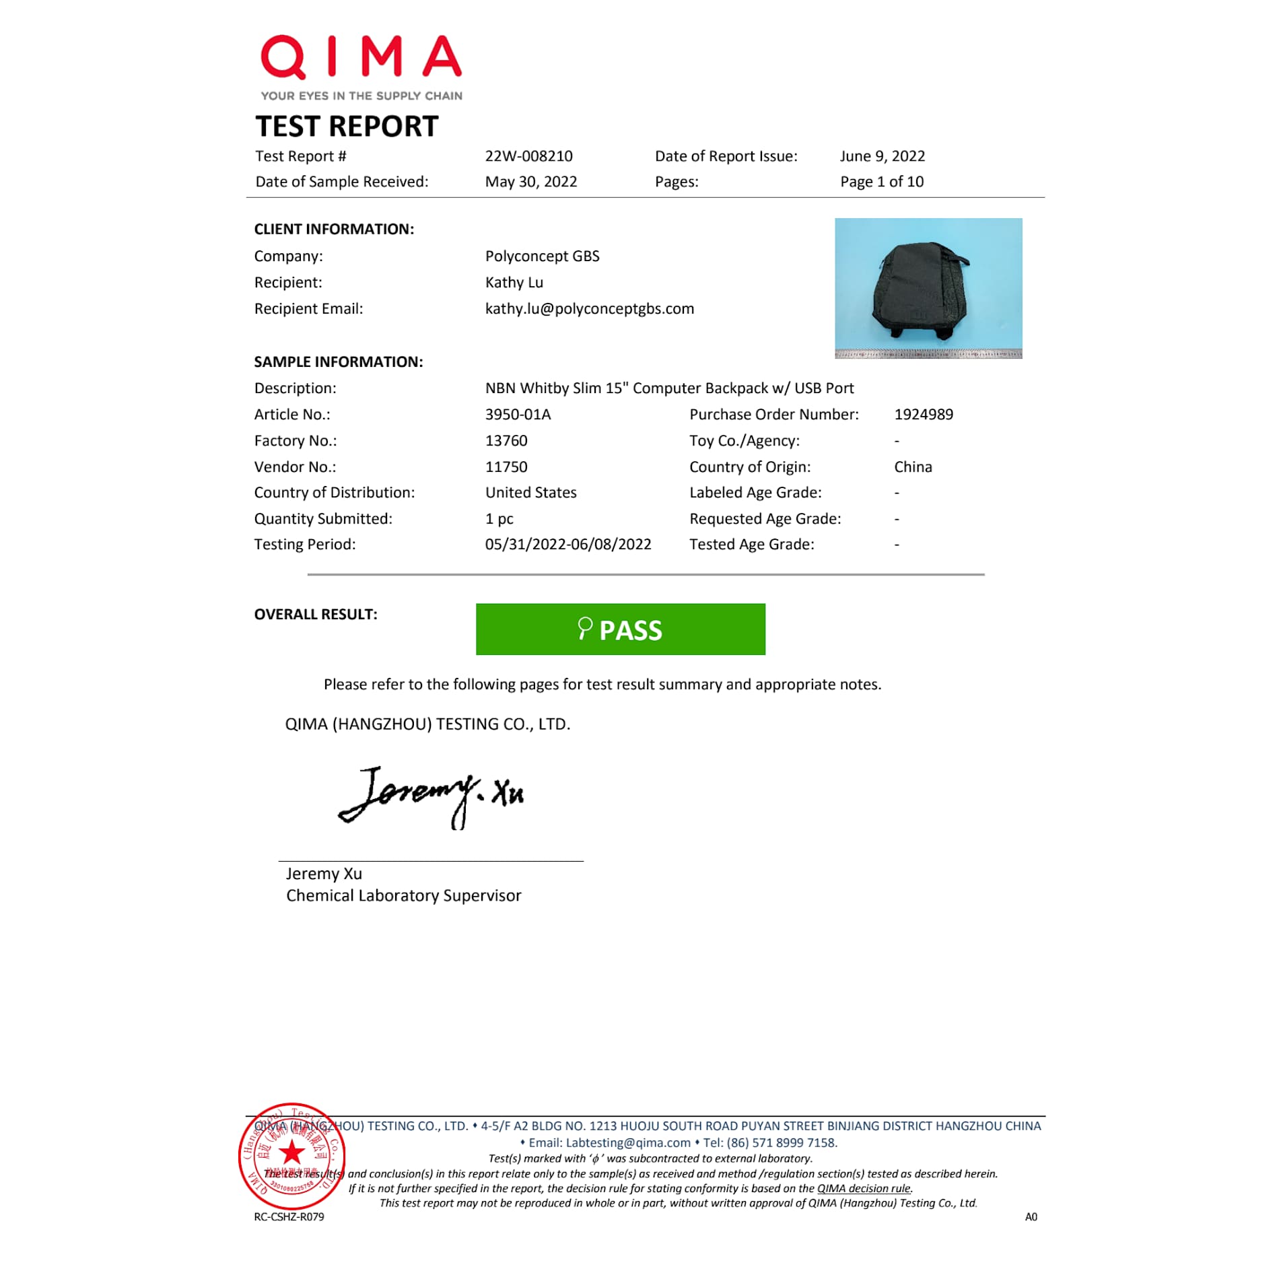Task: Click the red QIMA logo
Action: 361,58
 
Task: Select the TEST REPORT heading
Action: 347,127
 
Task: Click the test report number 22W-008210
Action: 528,156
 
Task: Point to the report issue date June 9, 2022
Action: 882,156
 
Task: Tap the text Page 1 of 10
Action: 882,182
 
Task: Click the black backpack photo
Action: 928,288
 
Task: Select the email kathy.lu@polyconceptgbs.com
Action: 589,309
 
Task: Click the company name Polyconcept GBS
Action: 542,256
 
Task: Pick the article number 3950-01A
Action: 518,415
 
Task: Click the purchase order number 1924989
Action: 923,415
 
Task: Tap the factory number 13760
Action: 506,441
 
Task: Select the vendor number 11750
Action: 506,467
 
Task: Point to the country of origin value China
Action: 913,467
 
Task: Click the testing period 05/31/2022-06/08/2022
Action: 567,545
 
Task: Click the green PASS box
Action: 620,629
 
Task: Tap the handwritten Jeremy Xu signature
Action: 431,796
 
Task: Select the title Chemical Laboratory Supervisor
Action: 403,896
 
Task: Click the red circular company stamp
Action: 292,1156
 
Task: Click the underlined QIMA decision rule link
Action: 864,1189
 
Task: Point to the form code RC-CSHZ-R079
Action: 289,1217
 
